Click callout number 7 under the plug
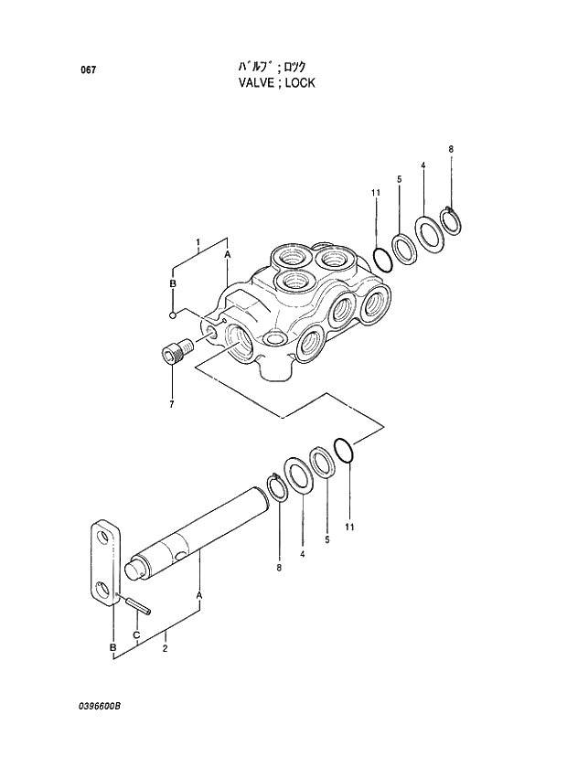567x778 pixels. pos(171,403)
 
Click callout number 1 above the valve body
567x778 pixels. pos(198,241)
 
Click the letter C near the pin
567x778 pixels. pos(136,634)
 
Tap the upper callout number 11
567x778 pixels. pos(375,192)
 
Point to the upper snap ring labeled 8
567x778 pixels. pos(453,220)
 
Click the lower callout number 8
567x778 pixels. pos(280,568)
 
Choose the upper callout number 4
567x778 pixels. pos(423,165)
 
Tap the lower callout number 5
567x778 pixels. pos(327,541)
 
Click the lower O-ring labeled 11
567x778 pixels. pos(344,450)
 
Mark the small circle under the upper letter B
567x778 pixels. pos(172,315)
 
